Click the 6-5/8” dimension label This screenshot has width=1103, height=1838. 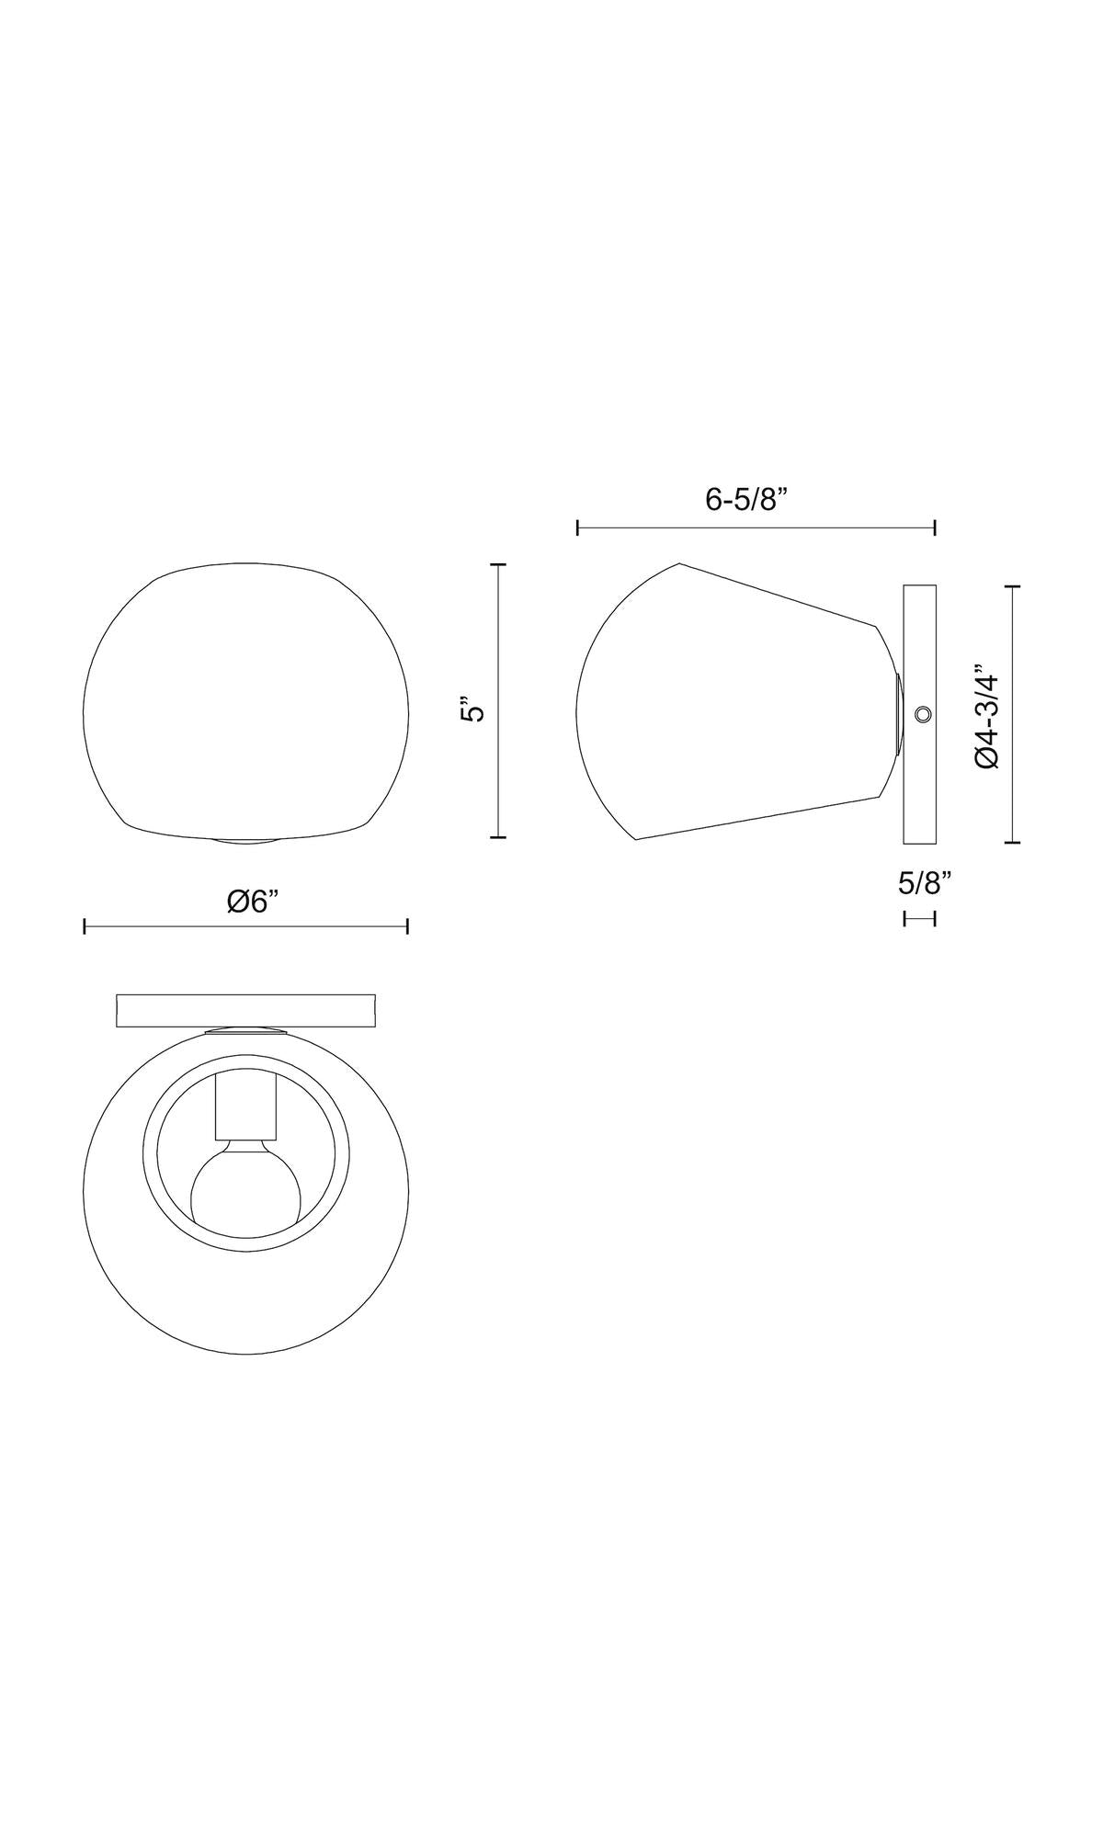click(x=747, y=500)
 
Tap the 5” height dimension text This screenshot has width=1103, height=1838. click(x=472, y=711)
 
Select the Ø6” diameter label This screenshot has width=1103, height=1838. click(x=253, y=902)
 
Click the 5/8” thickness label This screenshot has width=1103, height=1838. click(x=924, y=883)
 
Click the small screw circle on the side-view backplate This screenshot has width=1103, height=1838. click(x=922, y=714)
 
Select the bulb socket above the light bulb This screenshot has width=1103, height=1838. click(x=244, y=1106)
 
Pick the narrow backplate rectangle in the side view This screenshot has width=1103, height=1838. click(x=919, y=713)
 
